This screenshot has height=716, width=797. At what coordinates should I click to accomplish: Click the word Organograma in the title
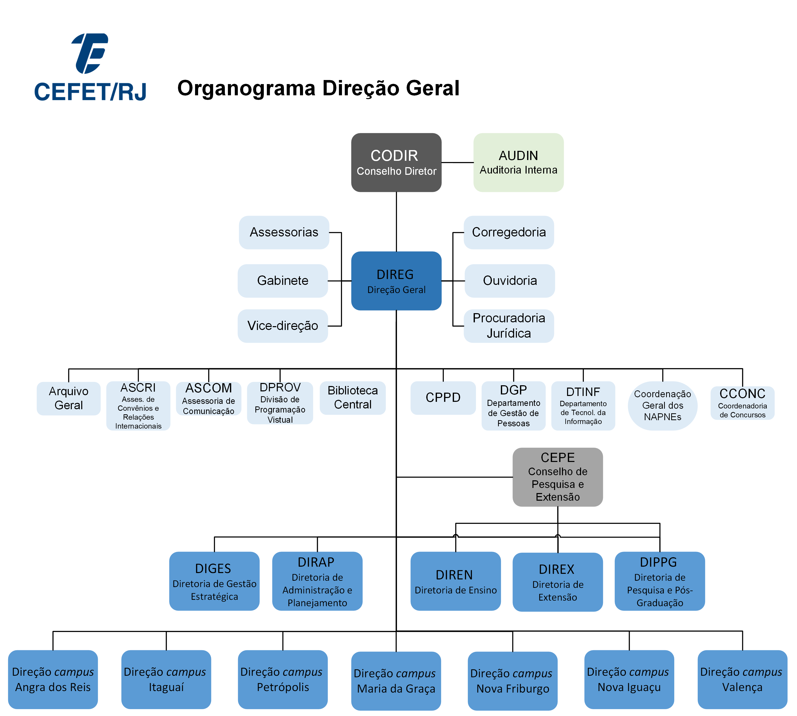coord(246,88)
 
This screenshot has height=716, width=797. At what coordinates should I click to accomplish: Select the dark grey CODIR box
coord(396,163)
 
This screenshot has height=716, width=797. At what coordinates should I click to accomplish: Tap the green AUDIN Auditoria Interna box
coord(518,163)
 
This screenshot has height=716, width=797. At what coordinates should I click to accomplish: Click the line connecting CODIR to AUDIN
coord(457,163)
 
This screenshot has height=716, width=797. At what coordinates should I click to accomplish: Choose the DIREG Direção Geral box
coord(396,281)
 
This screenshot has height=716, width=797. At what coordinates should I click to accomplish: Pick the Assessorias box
coord(284,232)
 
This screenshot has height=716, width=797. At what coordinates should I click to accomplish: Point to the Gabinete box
coord(283,281)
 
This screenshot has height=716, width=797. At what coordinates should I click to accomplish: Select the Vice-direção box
coord(283,326)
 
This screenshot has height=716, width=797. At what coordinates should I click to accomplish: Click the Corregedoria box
coord(509,232)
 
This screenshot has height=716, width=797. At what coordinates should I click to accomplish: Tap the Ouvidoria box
coord(510,281)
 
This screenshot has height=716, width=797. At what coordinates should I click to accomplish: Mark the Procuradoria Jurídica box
coord(509,326)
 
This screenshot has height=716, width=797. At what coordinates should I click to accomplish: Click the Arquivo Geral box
coord(68,398)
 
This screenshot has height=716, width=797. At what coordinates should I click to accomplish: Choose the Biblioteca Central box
coord(353,398)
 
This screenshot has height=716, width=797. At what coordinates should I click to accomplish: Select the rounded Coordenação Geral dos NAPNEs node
coord(663,406)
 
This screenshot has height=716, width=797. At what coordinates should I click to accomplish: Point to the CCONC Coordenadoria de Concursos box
coord(742,403)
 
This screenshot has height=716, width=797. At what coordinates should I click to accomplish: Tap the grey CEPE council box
coord(558,477)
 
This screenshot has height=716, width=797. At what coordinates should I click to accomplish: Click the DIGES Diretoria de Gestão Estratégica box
coord(214,581)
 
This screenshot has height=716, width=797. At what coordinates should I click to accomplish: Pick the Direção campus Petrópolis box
coord(283,679)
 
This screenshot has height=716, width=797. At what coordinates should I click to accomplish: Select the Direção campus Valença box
coord(742,679)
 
